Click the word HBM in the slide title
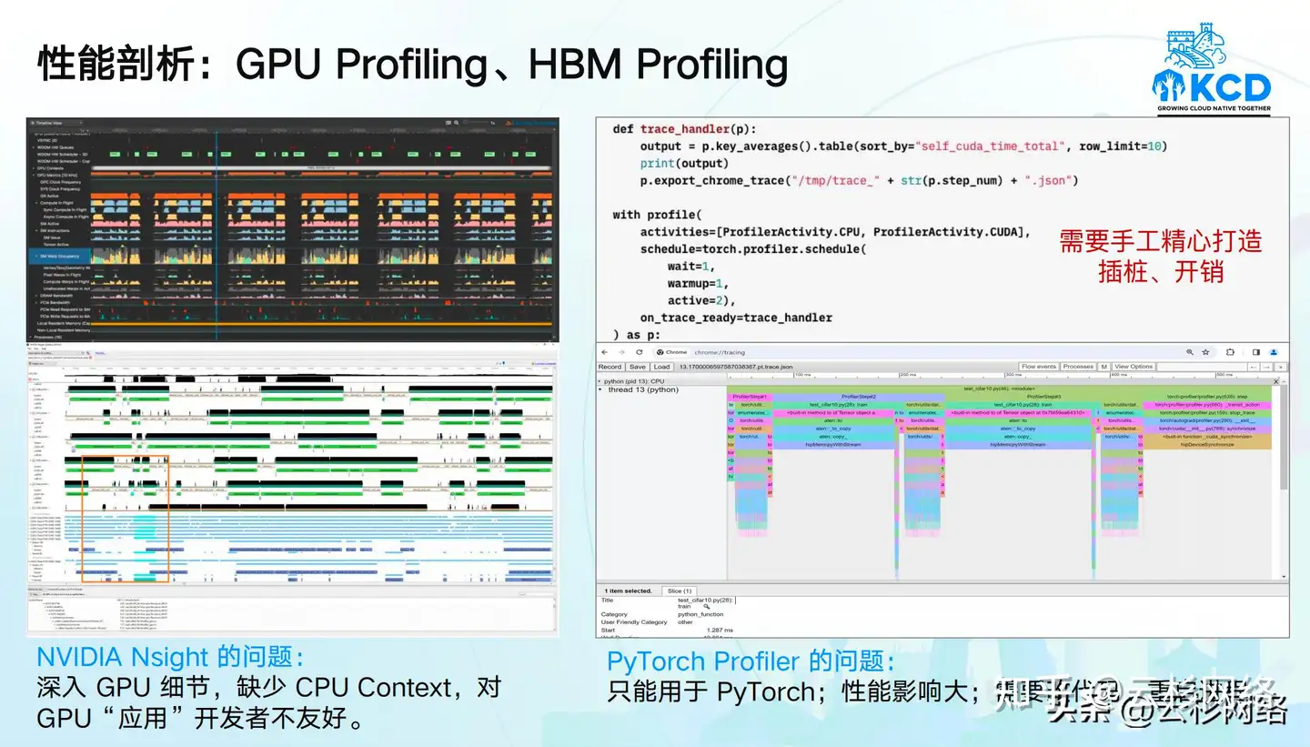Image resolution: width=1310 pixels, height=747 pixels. pos(576,64)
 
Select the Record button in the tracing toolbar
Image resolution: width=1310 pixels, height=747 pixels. pos(610,367)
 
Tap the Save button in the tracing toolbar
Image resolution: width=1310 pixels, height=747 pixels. pos(637,367)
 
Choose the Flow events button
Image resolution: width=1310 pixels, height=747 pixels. pos(1039,367)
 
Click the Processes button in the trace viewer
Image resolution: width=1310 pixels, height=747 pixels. pos(1078,367)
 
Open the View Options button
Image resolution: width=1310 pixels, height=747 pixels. pos(1134,367)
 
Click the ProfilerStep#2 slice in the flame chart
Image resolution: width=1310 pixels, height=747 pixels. pos(858,397)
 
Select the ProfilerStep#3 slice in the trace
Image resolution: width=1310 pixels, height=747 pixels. pos(1043,397)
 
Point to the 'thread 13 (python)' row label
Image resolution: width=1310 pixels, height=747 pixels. pos(643,389)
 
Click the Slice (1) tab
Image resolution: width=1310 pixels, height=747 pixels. pos(680,591)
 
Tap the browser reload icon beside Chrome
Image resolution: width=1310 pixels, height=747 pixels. pos(639,352)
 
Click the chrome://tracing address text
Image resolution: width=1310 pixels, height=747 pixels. pos(720,352)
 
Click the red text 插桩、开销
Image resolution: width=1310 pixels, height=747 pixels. pos(1160,271)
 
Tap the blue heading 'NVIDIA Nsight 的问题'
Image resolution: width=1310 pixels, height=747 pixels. pos(169,657)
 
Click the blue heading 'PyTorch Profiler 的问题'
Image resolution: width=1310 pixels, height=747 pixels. pos(751,661)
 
